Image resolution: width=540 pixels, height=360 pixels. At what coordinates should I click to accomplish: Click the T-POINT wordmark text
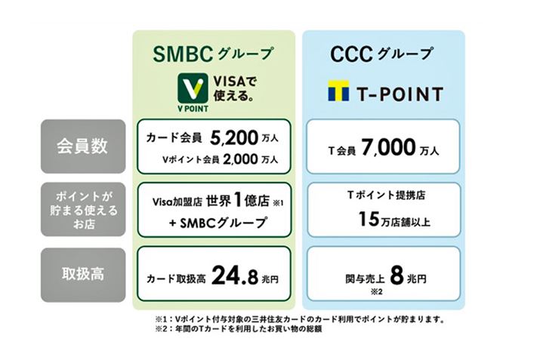click(x=399, y=93)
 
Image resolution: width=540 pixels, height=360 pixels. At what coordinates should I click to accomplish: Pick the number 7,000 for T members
click(x=387, y=149)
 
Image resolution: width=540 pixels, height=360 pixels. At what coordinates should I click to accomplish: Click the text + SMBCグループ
click(x=214, y=223)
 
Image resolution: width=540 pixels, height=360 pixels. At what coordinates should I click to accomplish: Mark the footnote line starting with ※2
click(x=239, y=329)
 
